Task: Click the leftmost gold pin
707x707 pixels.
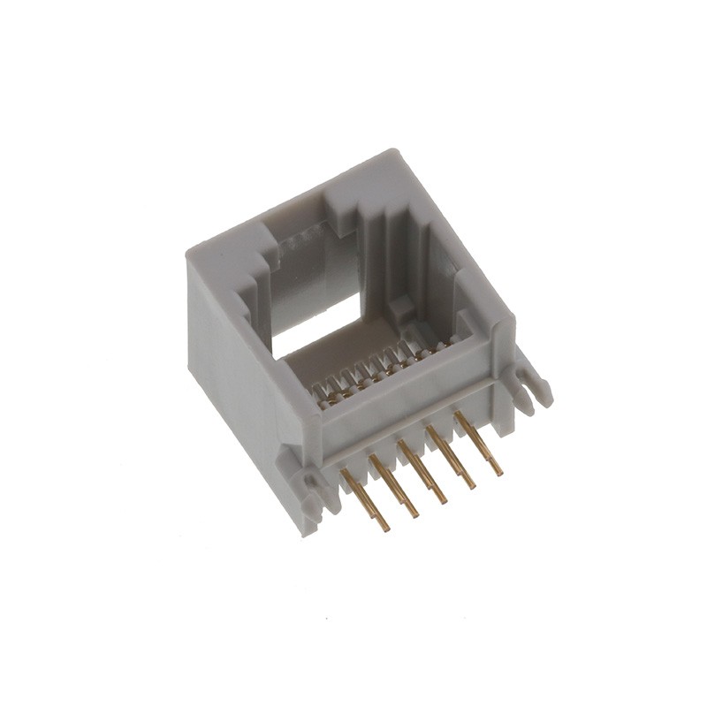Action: pyautogui.click(x=364, y=498)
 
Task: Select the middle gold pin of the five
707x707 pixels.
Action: pyautogui.click(x=422, y=470)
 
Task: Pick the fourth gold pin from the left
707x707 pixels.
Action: pyautogui.click(x=450, y=456)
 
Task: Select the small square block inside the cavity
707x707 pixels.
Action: pyautogui.click(x=402, y=308)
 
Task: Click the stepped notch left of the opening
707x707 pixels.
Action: pyautogui.click(x=256, y=265)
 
